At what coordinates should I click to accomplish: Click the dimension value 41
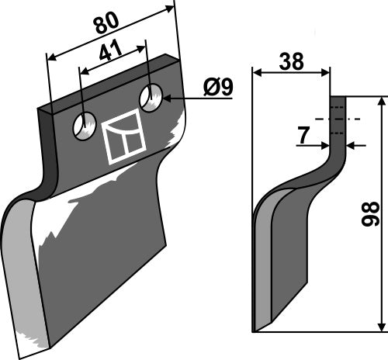click(x=111, y=54)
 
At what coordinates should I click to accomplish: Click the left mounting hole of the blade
click(x=83, y=126)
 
